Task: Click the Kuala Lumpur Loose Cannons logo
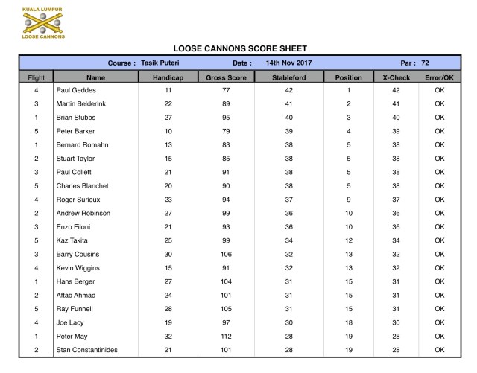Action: tap(42, 22)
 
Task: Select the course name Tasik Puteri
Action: tap(160, 63)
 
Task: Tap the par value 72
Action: tap(424, 63)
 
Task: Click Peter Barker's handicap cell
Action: tap(168, 130)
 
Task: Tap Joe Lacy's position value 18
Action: tap(347, 323)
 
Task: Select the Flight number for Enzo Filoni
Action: tap(37, 227)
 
